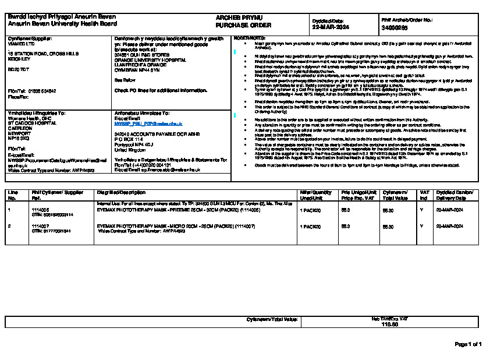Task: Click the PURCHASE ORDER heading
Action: coord(235,26)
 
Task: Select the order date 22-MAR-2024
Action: coord(330,27)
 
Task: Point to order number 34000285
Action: coord(395,27)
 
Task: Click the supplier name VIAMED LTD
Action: coord(21,43)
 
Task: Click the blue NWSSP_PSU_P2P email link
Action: coord(148,124)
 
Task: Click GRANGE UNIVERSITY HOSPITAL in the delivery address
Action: coord(151,59)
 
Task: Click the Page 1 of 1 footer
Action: coord(468,344)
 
